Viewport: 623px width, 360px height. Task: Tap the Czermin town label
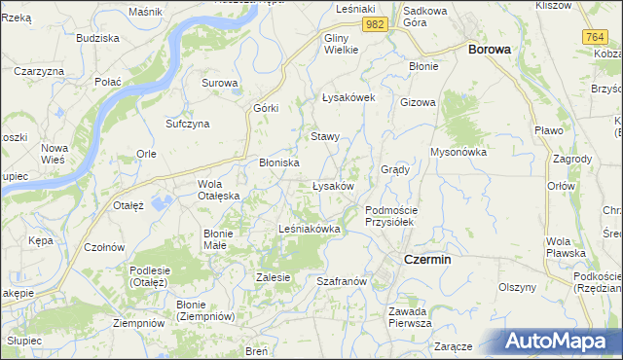point(426,259)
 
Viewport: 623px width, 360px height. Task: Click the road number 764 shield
point(596,36)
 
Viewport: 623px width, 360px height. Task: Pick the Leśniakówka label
point(309,229)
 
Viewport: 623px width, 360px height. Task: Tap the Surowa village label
point(219,83)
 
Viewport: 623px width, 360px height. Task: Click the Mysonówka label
point(458,152)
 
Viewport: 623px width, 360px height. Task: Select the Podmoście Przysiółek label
point(390,215)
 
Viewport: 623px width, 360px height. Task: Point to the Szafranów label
point(341,280)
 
